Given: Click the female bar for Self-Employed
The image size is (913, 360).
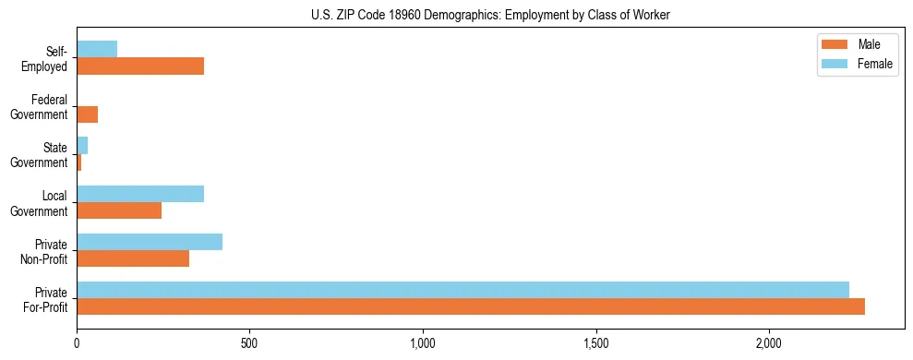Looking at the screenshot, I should click(x=97, y=50).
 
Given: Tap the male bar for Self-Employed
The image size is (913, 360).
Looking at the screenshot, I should click(x=140, y=66).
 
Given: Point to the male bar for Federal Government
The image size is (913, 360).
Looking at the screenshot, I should click(x=88, y=114).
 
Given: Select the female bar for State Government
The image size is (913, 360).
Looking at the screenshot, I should click(x=82, y=146).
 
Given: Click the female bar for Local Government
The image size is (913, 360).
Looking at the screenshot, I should click(x=140, y=194).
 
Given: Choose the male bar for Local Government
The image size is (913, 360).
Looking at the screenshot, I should click(x=119, y=210).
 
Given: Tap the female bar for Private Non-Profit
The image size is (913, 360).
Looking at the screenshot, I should click(x=150, y=242).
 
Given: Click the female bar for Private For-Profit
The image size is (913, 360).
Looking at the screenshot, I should click(x=463, y=290).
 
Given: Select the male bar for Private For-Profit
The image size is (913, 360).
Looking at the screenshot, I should click(x=471, y=306).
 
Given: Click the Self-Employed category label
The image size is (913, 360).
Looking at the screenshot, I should click(x=48, y=59).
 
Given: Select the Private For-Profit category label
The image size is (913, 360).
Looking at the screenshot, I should click(x=46, y=299).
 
